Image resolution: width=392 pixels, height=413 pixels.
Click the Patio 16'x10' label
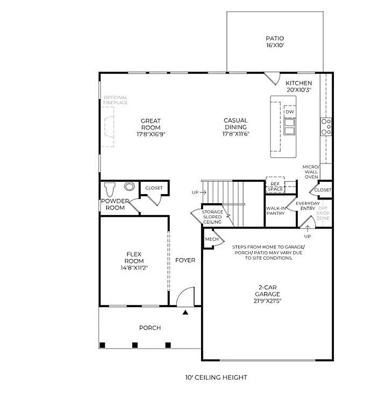(274, 42)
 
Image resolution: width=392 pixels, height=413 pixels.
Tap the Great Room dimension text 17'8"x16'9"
(151, 134)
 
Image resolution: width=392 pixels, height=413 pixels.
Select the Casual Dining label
(236, 124)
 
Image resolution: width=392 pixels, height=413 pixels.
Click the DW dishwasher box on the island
(290, 112)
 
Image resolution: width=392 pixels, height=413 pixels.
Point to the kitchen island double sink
(290, 126)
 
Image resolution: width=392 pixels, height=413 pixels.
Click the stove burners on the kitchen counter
(326, 126)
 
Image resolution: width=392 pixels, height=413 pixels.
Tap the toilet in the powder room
(110, 189)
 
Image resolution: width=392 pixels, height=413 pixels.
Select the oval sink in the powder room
(130, 187)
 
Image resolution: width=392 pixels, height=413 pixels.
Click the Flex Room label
(134, 257)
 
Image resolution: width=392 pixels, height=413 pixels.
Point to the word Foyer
(185, 260)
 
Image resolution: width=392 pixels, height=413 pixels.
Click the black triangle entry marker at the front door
(186, 312)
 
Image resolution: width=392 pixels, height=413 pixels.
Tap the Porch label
(149, 327)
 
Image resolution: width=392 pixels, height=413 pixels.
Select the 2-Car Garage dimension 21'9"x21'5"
(267, 301)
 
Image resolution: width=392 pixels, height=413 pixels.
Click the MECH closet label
(212, 239)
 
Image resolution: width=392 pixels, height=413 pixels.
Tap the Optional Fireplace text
(115, 100)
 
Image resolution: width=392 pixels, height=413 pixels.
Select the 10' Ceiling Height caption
(216, 378)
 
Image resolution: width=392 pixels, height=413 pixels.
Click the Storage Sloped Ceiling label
(212, 217)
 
